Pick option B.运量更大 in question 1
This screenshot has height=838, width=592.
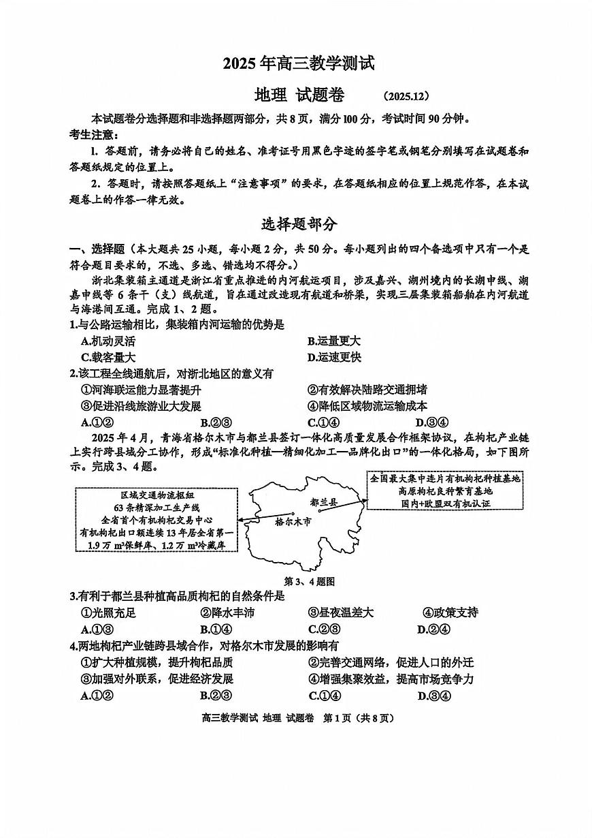point(333,341)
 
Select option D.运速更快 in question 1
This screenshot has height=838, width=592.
point(333,357)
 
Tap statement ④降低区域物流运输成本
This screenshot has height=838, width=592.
point(367,406)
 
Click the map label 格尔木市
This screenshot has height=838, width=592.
point(293,521)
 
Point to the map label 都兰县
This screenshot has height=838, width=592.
point(323,502)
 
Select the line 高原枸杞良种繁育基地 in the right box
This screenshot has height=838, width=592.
point(445,491)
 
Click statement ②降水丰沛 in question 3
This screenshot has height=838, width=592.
point(227,612)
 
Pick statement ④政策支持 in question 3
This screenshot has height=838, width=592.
point(450,612)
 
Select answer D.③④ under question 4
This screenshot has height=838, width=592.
point(433,696)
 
